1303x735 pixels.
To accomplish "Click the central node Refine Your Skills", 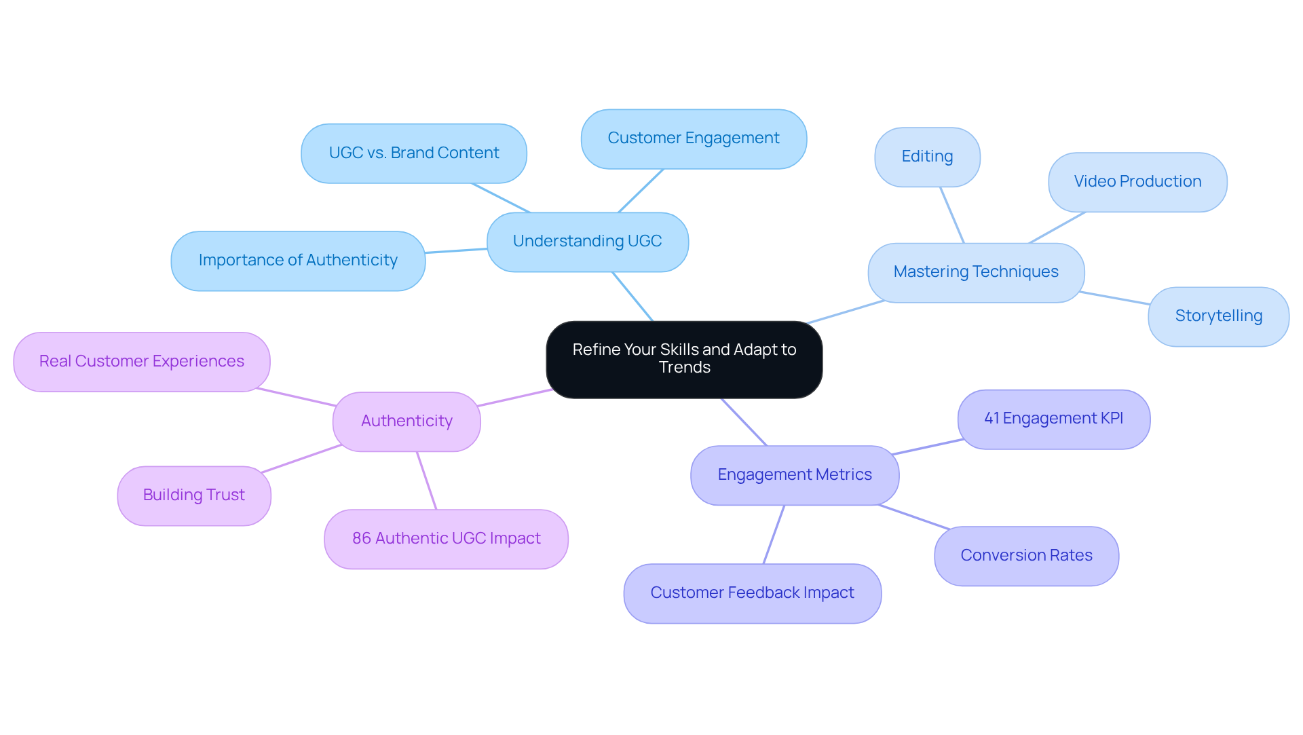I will pos(684,359).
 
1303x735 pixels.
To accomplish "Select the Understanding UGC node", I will pos(588,242).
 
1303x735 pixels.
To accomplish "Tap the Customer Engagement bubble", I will pos(694,138).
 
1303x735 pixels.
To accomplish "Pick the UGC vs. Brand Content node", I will pos(414,153).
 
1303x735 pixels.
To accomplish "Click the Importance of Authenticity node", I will pos(298,261).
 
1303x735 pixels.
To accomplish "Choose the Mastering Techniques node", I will pos(976,272).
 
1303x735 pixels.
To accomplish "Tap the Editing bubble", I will pos(927,157).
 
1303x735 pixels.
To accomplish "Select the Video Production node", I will pos(1137,182).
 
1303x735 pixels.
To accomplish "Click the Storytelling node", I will pos(1218,316).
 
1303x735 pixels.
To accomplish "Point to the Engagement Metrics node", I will pos(795,475).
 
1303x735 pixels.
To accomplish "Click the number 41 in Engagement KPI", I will pos(992,419).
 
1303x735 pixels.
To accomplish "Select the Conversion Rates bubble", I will pos(1026,556).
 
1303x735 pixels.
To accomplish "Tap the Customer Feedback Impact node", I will pos(752,593).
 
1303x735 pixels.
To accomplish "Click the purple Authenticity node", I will pos(407,421).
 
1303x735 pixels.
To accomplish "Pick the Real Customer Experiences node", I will pos(142,362).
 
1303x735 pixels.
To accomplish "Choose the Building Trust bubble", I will pos(194,495).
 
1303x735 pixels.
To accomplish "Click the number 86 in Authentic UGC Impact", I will pos(361,539).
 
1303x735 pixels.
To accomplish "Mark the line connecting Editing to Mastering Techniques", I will pos(952,215).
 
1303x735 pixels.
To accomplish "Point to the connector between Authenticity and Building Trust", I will pos(301,459).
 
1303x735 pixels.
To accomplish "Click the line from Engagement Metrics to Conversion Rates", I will pos(913,516).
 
